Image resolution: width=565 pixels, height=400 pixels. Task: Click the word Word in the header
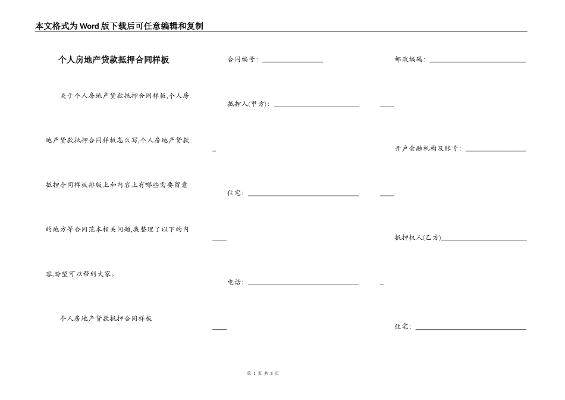(x=90, y=26)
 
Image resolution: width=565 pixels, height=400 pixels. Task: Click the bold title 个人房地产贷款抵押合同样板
(x=114, y=60)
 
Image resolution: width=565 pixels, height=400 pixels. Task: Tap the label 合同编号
(x=242, y=60)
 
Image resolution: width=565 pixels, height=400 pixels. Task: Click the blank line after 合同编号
(x=293, y=61)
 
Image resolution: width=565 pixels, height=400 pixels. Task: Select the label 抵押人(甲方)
(x=248, y=104)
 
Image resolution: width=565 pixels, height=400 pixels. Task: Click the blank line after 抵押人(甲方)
(x=316, y=106)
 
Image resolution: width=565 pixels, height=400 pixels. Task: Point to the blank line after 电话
(x=303, y=284)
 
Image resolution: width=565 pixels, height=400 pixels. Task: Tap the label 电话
(x=236, y=282)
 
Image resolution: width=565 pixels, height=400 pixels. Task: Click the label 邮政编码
(x=410, y=60)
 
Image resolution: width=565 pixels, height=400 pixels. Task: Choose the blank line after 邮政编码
(x=478, y=61)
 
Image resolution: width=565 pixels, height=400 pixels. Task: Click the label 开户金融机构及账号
(x=428, y=149)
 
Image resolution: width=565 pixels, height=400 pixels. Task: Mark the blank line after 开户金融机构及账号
(x=496, y=151)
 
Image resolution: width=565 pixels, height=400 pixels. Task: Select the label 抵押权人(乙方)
(x=418, y=237)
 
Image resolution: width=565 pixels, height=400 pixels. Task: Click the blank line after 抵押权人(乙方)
(x=484, y=239)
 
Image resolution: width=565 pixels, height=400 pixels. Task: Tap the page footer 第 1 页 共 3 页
(x=263, y=373)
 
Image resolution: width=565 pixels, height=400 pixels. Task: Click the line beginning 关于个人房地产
(x=125, y=95)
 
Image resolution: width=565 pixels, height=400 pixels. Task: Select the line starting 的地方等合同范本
(x=117, y=229)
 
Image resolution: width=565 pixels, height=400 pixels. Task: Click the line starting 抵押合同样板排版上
(x=117, y=185)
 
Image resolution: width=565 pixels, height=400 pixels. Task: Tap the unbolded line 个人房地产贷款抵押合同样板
(x=106, y=318)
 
